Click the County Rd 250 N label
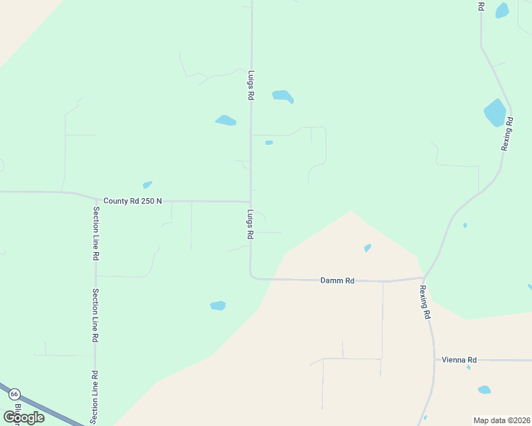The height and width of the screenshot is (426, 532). (132, 201)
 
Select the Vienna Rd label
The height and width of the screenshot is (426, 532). (459, 360)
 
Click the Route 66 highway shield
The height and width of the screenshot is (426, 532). (14, 393)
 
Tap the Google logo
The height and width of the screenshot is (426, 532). (24, 417)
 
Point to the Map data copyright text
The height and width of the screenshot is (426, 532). (502, 420)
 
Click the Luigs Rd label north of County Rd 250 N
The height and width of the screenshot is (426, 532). (251, 84)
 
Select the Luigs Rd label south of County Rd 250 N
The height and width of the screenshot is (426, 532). (251, 224)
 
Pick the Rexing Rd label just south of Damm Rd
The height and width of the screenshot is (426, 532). (425, 301)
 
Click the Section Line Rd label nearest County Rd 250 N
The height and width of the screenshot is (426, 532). (95, 234)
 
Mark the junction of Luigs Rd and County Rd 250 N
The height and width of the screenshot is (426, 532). (250, 202)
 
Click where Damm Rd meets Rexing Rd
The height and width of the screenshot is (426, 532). (424, 278)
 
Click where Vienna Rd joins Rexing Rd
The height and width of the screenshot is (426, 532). (435, 360)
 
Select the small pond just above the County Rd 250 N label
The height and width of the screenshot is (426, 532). (147, 185)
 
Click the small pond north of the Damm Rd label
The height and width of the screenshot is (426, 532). (367, 248)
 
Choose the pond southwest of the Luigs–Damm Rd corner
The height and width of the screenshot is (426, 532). (218, 306)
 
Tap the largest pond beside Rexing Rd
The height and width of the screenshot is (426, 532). (494, 113)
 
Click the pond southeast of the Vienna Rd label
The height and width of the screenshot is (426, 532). (484, 390)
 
